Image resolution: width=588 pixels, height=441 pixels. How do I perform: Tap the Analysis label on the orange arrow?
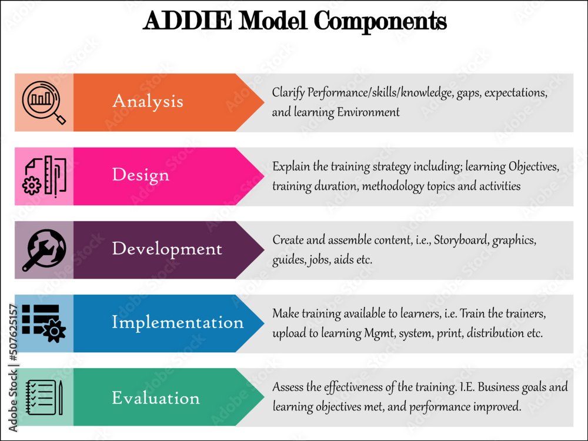pos(148,101)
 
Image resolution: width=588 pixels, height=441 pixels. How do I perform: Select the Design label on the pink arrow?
pos(141,175)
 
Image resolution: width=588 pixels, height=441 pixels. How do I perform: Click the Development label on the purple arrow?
pos(167,249)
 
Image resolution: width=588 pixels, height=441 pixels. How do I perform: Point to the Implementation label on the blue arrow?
pos(178,322)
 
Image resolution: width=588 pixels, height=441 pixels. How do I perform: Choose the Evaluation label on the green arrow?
pos(156,398)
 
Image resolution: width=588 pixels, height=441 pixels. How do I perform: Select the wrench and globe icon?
pos(44,249)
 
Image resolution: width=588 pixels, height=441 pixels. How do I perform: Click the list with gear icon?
pos(44,323)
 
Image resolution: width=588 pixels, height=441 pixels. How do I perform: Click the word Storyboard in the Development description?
pos(461,240)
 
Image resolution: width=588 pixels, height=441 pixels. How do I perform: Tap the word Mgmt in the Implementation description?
pos(383,333)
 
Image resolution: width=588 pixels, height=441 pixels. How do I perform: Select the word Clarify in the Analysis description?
pos(289,93)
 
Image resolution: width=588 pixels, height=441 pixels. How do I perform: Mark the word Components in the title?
pos(380,21)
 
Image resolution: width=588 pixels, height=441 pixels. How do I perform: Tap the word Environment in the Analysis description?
pos(368,112)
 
